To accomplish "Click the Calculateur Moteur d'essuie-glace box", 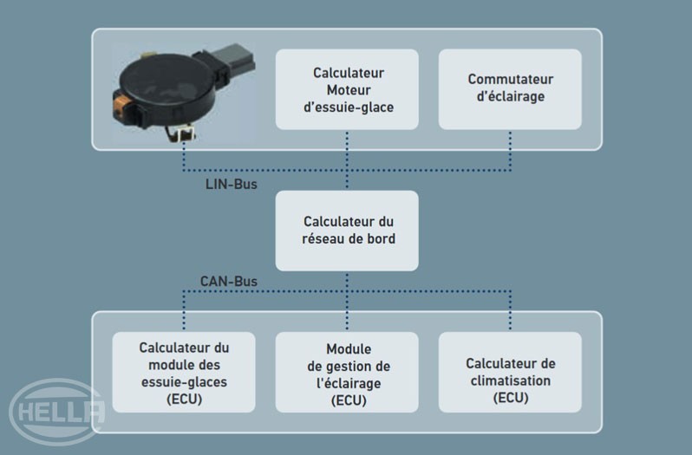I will (347, 90).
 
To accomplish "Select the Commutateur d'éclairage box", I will (510, 90).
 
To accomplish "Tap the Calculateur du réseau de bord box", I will (347, 230).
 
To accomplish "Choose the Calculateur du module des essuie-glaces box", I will (184, 372).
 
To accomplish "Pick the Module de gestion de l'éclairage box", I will (347, 372).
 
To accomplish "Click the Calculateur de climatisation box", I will (510, 372).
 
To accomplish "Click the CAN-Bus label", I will (228, 282).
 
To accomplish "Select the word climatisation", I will (510, 380).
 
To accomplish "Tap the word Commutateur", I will (510, 80).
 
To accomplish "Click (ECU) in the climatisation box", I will (510, 398).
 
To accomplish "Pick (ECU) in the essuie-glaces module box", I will (184, 398).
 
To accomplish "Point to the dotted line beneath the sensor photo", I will (184, 154).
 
